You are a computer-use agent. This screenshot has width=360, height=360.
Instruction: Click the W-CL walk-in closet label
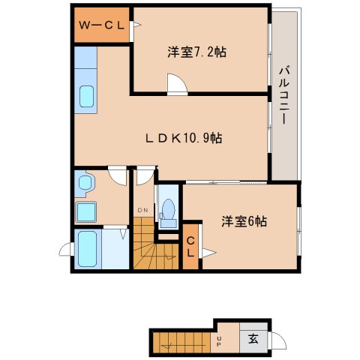coord(102,24)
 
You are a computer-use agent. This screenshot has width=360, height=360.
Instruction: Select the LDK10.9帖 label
coord(184,138)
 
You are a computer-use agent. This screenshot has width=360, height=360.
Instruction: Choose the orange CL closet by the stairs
coord(191,246)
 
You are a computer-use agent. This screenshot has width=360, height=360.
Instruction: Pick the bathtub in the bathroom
coord(88,248)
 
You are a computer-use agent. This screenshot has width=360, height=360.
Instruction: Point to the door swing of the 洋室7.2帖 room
coord(177,85)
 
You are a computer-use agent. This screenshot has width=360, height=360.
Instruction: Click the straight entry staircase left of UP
coord(181,343)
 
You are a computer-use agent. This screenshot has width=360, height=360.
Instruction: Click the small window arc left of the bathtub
coord(64,250)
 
